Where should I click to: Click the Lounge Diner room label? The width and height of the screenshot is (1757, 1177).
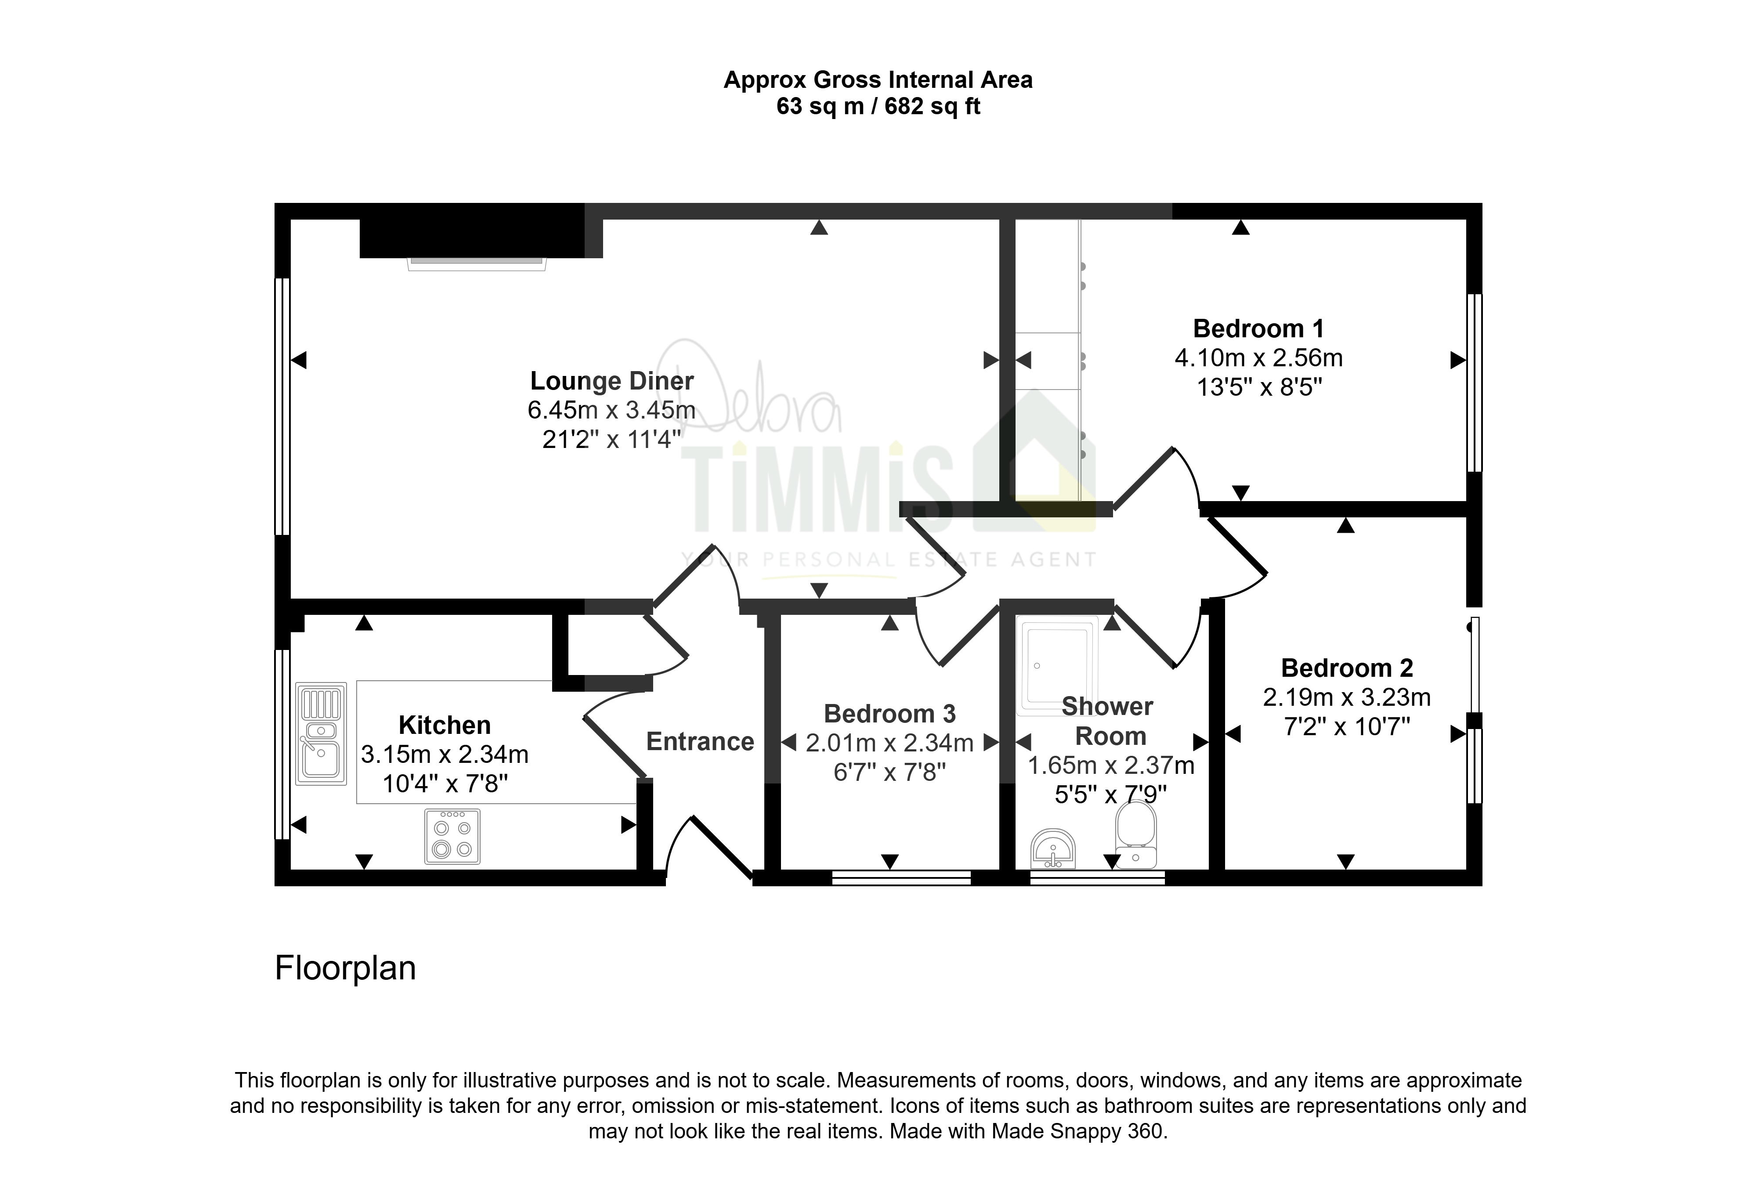612,381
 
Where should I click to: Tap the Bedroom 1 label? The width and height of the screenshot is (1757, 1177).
1258,329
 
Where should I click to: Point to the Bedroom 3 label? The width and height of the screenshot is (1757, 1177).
889,714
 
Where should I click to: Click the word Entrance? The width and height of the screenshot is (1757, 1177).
700,742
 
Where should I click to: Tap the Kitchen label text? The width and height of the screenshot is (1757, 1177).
445,725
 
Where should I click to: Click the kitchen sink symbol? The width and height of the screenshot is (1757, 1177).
321,733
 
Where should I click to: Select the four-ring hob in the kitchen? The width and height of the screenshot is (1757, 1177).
452,836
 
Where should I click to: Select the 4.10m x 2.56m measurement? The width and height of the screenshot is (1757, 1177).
1258,358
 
